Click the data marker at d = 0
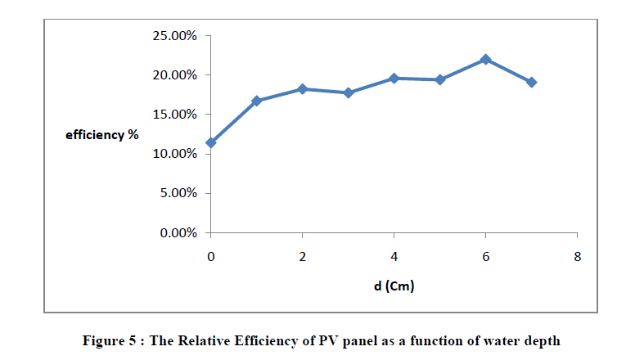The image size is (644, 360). click(x=211, y=142)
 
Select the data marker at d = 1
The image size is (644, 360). click(x=257, y=101)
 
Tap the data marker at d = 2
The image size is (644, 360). click(x=303, y=88)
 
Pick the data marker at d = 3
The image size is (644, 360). click(x=349, y=92)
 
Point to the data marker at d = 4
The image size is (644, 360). click(x=394, y=78)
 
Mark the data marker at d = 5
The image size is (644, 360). click(x=440, y=79)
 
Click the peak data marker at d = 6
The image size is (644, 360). click(x=486, y=59)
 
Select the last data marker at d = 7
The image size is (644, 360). click(x=532, y=82)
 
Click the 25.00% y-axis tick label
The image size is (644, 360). click(x=174, y=36)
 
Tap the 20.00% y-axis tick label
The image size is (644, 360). click(x=174, y=75)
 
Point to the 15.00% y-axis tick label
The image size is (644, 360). click(x=174, y=115)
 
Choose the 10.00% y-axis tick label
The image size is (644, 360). click(x=174, y=154)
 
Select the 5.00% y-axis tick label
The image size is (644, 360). click(x=178, y=194)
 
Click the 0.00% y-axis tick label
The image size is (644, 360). click(x=178, y=233)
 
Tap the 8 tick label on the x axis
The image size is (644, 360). click(x=578, y=256)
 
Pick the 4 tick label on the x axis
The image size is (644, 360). click(x=394, y=256)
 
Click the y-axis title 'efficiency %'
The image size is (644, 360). click(x=102, y=134)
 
